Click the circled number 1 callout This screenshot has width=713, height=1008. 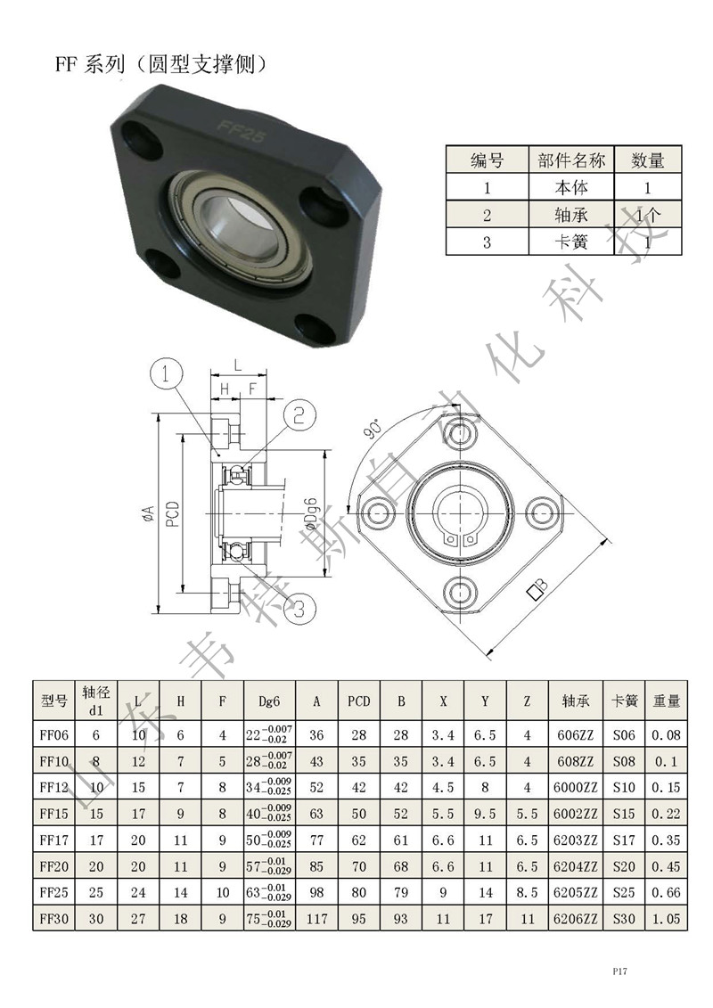coord(166,373)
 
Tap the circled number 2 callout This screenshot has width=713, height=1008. coord(299,415)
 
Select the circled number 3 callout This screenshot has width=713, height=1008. coord(299,608)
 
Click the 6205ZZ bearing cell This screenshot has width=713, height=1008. coord(576,892)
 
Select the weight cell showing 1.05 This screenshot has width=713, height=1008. coord(666,919)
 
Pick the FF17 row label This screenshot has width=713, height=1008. coord(54,840)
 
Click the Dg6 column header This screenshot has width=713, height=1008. coord(269,701)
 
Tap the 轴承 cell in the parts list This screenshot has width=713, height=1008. coord(571,215)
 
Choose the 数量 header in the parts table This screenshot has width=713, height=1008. coord(647,160)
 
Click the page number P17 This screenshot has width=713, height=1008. coord(619,971)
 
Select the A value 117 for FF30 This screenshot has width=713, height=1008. coord(316,919)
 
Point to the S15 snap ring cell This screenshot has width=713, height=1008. coord(624,813)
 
